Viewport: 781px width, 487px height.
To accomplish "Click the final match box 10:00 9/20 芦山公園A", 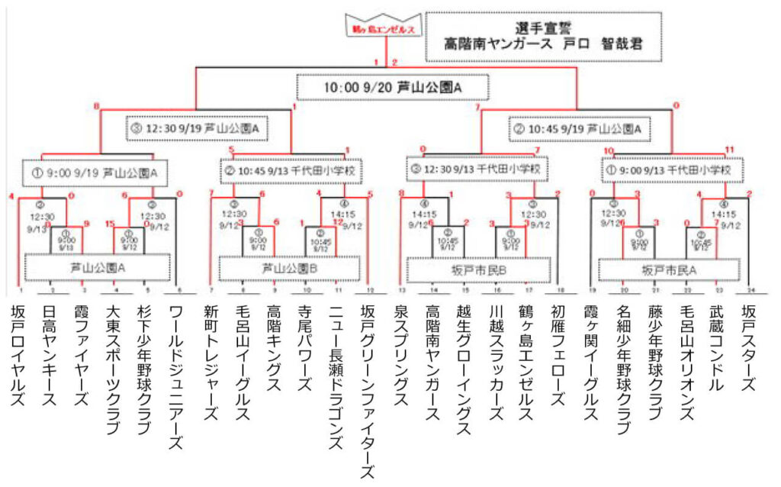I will pos(393,87).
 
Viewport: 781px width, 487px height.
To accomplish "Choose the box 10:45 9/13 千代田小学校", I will pos(291,169).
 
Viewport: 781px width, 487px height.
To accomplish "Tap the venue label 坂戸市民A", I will pos(669,269).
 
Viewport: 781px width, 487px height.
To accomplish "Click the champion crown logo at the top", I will pos(381,27).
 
